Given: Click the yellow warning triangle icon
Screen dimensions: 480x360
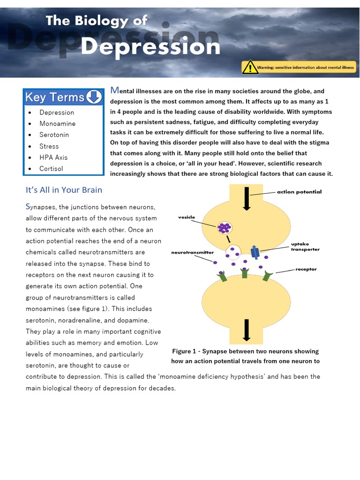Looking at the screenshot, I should [250, 67].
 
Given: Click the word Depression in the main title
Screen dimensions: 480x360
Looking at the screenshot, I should [150, 46].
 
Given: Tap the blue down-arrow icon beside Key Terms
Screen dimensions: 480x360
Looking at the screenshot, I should [94, 97].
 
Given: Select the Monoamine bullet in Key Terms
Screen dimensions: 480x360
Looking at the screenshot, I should [57, 124].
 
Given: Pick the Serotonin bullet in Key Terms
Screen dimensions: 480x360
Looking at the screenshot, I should [54, 135].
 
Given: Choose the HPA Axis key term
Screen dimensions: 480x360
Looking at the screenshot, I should [53, 157].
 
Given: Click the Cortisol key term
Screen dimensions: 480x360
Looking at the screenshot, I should [51, 169].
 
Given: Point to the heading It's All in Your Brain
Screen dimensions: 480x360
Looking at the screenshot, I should [64, 190].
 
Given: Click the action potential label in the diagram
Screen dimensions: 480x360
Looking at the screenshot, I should [299, 192].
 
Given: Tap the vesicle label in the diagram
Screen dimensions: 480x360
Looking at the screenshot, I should [186, 217].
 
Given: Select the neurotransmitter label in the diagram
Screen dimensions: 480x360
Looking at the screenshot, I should [193, 253].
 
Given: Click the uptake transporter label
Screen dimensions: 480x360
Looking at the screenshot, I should [305, 247].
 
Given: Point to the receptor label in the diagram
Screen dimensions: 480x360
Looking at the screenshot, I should [306, 270].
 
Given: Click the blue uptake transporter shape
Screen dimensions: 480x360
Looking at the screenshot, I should [255, 252].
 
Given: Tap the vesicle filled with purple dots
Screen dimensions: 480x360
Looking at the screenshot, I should [225, 228].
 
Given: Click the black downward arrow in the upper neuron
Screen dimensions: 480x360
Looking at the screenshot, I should [247, 198].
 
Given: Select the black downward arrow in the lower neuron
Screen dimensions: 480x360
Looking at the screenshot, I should [246, 329].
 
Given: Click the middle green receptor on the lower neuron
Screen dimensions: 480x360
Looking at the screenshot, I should [244, 272].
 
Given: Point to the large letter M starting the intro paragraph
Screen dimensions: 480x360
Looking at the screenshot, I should [114, 90].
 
